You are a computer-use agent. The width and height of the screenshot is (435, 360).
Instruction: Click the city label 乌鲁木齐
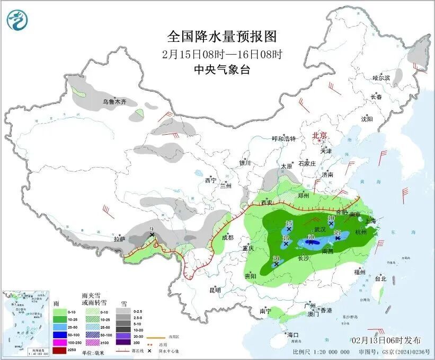(x=114, y=101)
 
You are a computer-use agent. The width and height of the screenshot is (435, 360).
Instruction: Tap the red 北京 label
(x=320, y=135)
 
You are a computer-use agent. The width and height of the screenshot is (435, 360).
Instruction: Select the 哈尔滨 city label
(x=381, y=78)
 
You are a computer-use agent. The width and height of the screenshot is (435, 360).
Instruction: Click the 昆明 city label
(x=215, y=290)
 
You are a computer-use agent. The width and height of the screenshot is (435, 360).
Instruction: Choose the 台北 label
(x=380, y=278)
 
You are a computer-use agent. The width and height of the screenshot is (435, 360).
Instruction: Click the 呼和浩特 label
(x=283, y=139)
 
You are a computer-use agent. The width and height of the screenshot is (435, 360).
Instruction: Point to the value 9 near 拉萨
(x=152, y=229)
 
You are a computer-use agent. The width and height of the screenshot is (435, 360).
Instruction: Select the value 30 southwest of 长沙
(x=276, y=258)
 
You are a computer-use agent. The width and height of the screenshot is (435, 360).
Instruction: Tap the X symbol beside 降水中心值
(x=150, y=350)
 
